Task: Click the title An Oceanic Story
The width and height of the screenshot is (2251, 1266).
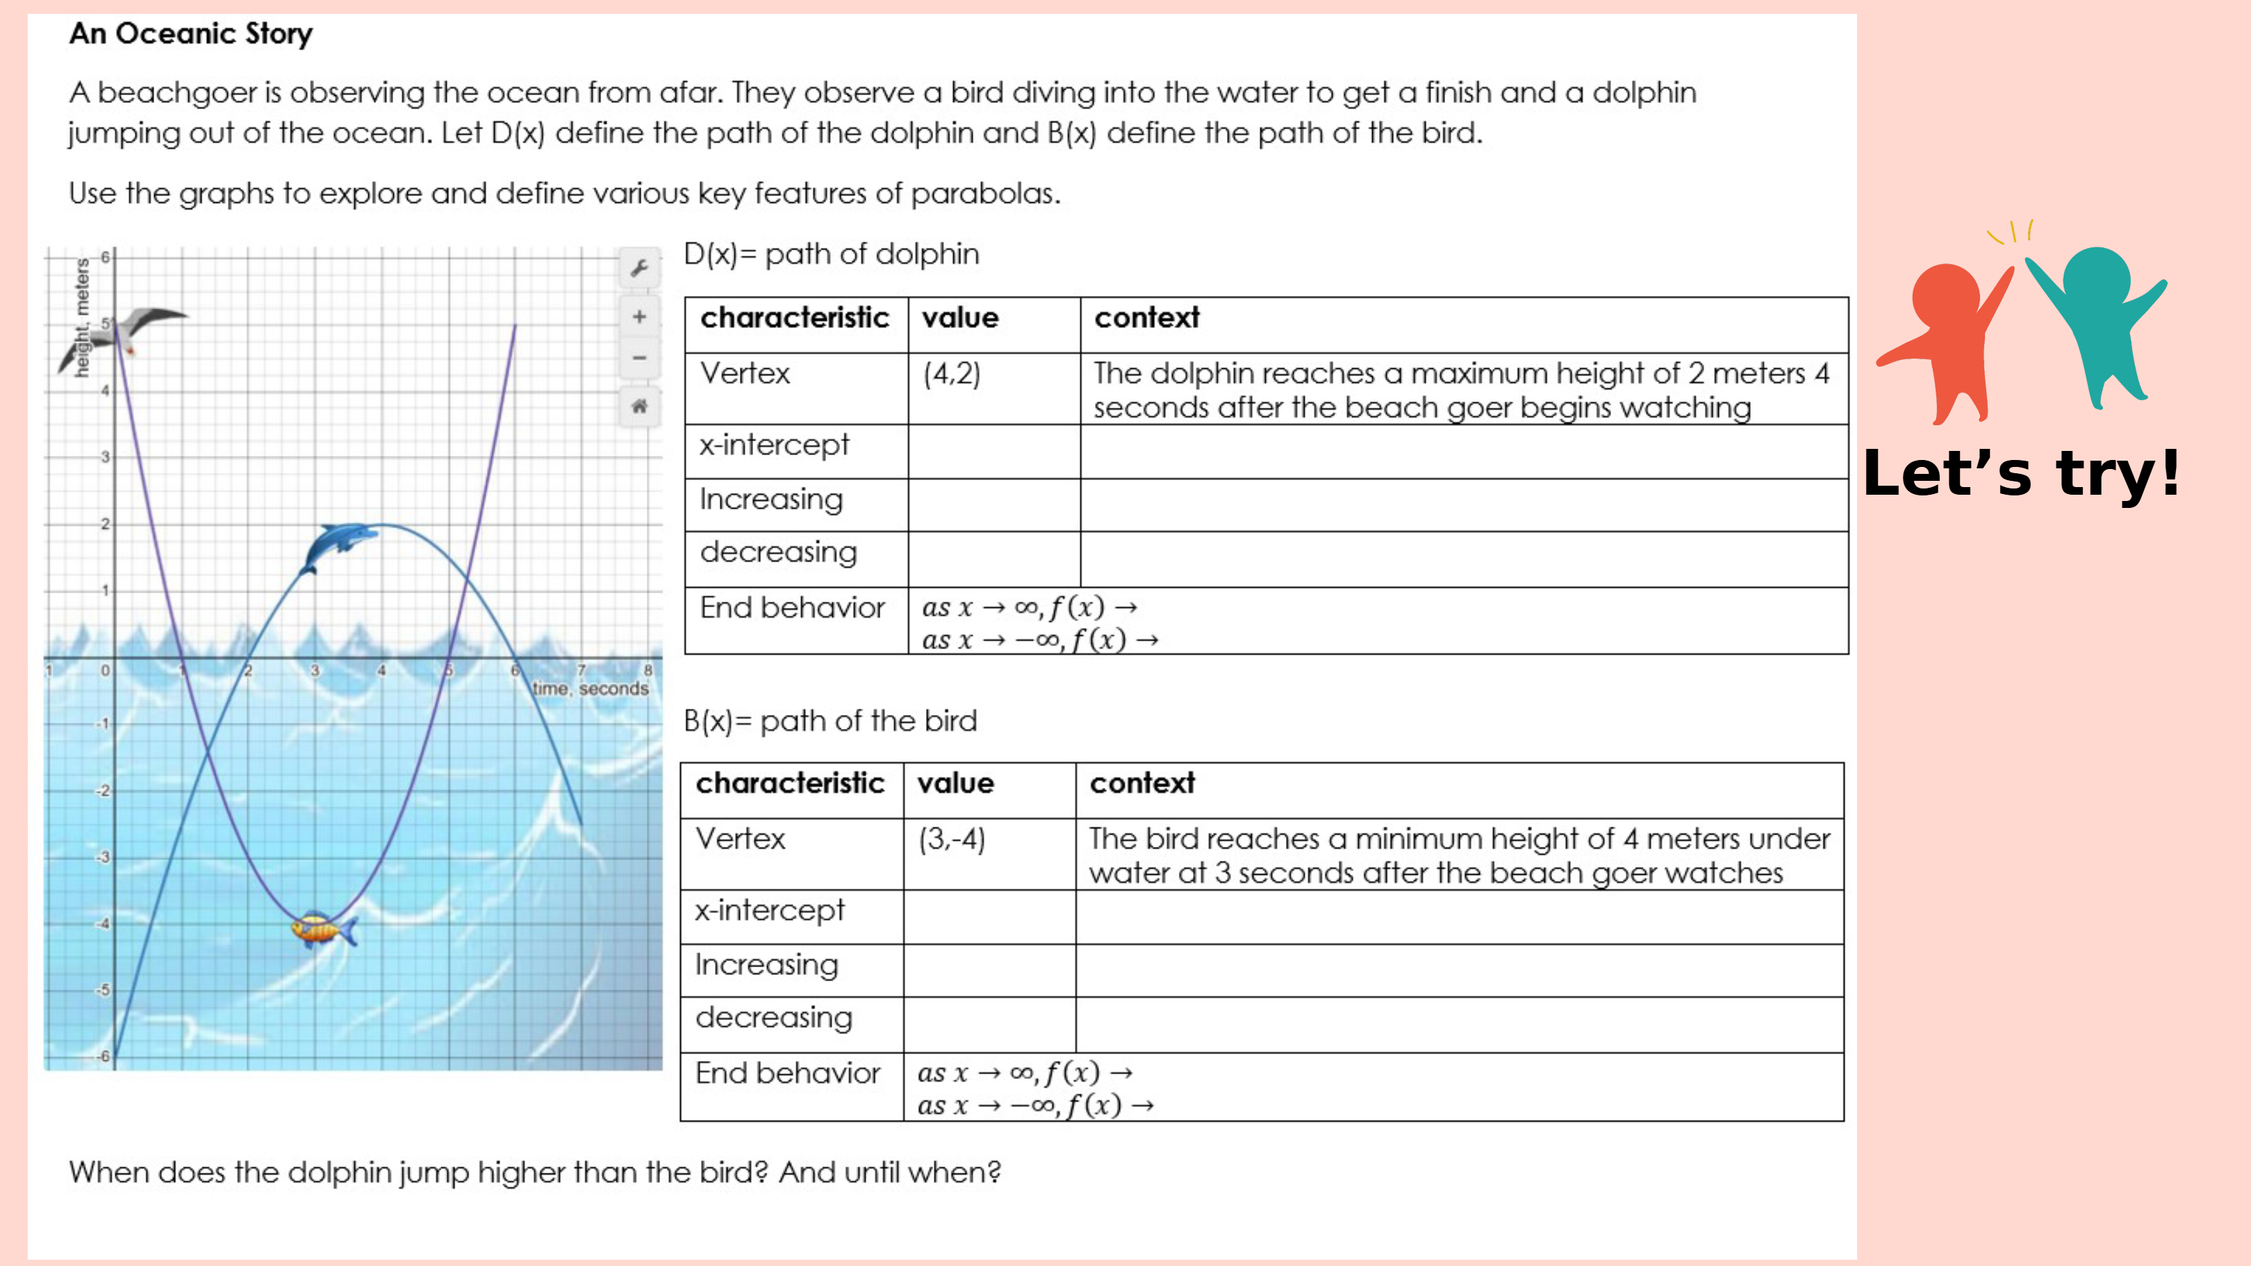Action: pyautogui.click(x=190, y=33)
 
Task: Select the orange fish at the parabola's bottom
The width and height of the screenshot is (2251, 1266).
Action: pyautogui.click(x=322, y=929)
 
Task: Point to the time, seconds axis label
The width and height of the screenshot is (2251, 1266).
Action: pyautogui.click(x=591, y=689)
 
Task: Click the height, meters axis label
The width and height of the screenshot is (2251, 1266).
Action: pyautogui.click(x=82, y=318)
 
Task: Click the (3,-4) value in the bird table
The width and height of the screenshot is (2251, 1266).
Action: pyautogui.click(x=952, y=839)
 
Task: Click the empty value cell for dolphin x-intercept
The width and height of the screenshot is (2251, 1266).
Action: pyautogui.click(x=993, y=452)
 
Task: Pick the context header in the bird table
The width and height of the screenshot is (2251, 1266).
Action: pyautogui.click(x=1142, y=783)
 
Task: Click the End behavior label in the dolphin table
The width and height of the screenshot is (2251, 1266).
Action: pyautogui.click(x=792, y=607)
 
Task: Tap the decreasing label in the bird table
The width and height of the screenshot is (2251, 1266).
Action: pyautogui.click(x=773, y=1017)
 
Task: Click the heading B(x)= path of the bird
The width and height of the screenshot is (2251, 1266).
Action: pyautogui.click(x=830, y=721)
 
